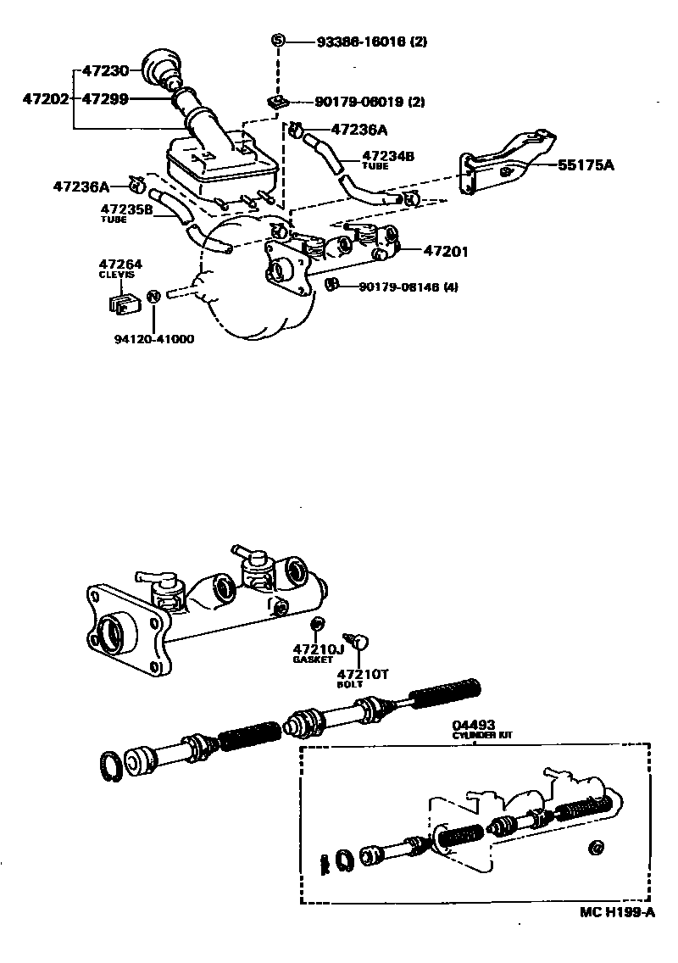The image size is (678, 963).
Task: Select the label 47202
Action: pyautogui.click(x=45, y=98)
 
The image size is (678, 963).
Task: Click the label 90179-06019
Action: pyautogui.click(x=360, y=102)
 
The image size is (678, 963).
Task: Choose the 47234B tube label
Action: pyautogui.click(x=388, y=156)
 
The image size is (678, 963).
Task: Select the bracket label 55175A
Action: pyautogui.click(x=586, y=166)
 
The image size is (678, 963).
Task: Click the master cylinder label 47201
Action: pyautogui.click(x=446, y=251)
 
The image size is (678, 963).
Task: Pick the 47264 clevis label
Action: pyautogui.click(x=121, y=264)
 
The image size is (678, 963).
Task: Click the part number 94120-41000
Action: pyautogui.click(x=154, y=339)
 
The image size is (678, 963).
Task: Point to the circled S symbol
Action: pyautogui.click(x=277, y=41)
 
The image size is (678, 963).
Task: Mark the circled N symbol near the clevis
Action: pyautogui.click(x=153, y=297)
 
